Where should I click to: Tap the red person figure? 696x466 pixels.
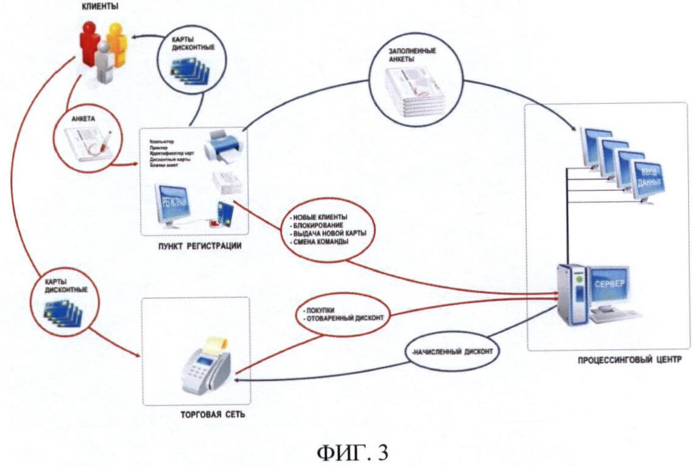90,43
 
